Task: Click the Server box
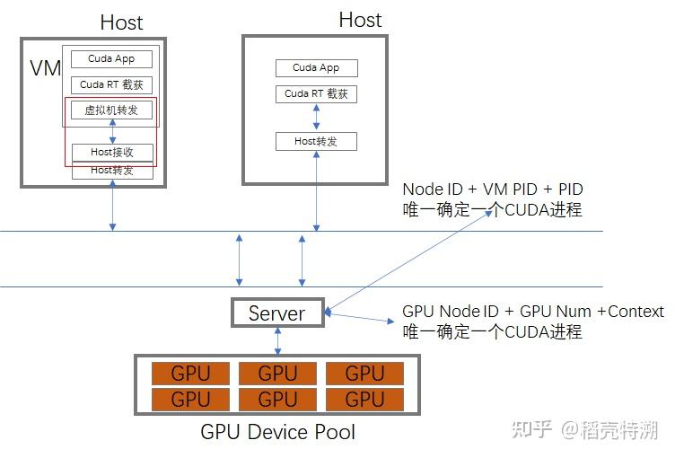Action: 276,313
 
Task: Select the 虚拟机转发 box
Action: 112,110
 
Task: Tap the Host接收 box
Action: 112,152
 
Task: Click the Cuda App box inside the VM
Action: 112,59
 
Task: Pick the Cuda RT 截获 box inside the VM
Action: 112,85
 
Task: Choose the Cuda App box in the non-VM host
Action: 316,67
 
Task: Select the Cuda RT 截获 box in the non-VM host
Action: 316,93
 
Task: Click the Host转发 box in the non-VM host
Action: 316,141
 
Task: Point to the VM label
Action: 44,69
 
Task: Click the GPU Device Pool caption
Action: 277,432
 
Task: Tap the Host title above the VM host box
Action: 121,22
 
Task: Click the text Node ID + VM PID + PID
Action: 493,189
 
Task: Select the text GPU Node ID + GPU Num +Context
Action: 533,312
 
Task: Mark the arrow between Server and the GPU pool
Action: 277,340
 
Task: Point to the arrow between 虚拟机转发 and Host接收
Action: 112,131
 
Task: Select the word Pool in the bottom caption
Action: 334,432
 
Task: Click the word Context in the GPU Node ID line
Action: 636,312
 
